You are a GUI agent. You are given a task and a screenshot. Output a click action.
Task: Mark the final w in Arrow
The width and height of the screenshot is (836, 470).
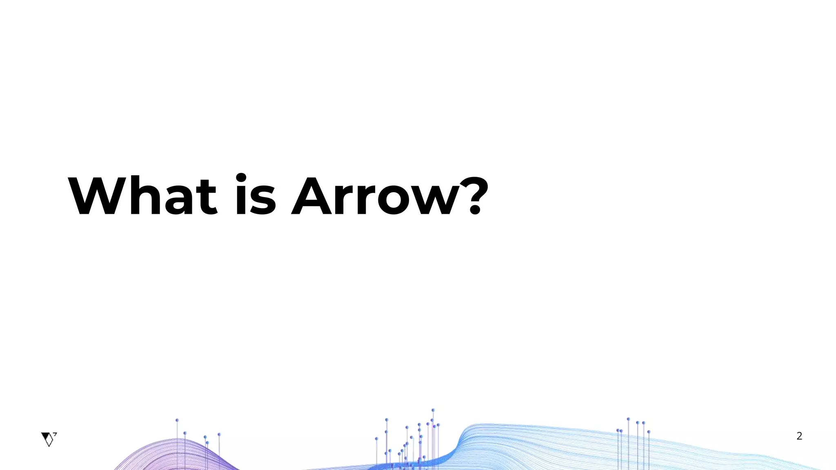point(437,202)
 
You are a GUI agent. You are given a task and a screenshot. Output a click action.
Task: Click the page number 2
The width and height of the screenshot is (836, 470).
point(799,436)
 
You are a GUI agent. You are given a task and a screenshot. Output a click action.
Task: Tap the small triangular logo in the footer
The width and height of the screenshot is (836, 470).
point(49,439)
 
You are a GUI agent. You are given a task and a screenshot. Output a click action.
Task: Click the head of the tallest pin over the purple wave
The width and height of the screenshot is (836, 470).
point(177,420)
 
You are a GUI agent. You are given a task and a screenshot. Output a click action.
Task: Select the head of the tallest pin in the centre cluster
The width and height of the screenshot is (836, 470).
point(433,410)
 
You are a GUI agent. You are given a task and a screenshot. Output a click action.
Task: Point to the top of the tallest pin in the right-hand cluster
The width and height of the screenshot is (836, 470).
point(628,419)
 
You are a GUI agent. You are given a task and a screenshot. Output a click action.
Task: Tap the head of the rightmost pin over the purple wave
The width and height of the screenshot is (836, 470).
point(219,434)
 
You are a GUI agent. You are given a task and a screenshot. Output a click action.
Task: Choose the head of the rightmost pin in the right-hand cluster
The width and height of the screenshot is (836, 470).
point(648,432)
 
